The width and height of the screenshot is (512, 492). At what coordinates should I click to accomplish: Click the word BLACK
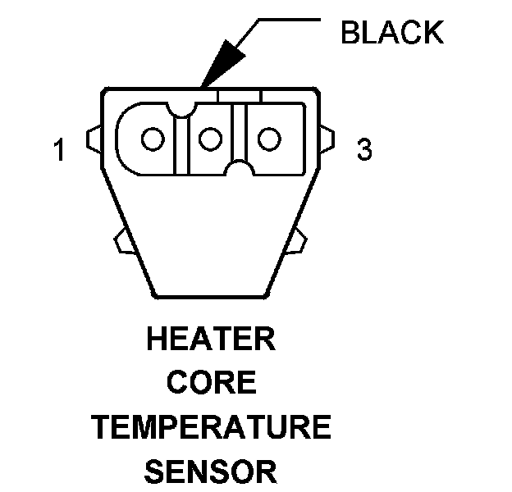coord(391,33)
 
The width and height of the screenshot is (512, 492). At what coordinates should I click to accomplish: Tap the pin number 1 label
coord(58,151)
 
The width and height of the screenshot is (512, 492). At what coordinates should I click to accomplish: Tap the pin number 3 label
coord(364,150)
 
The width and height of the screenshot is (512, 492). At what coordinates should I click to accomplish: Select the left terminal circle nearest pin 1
coord(153,139)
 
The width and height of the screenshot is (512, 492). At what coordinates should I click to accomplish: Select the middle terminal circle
coord(211,139)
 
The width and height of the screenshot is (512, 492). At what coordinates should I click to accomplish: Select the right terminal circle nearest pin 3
coord(268,139)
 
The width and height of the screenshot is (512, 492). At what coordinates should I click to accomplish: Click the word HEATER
coord(211,339)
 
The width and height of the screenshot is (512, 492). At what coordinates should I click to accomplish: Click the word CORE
coord(211,383)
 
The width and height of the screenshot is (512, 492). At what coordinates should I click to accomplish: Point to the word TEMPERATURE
coord(211,427)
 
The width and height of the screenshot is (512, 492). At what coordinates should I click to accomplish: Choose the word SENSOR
coord(211,471)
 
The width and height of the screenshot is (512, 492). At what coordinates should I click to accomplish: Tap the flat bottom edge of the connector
coord(211,296)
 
